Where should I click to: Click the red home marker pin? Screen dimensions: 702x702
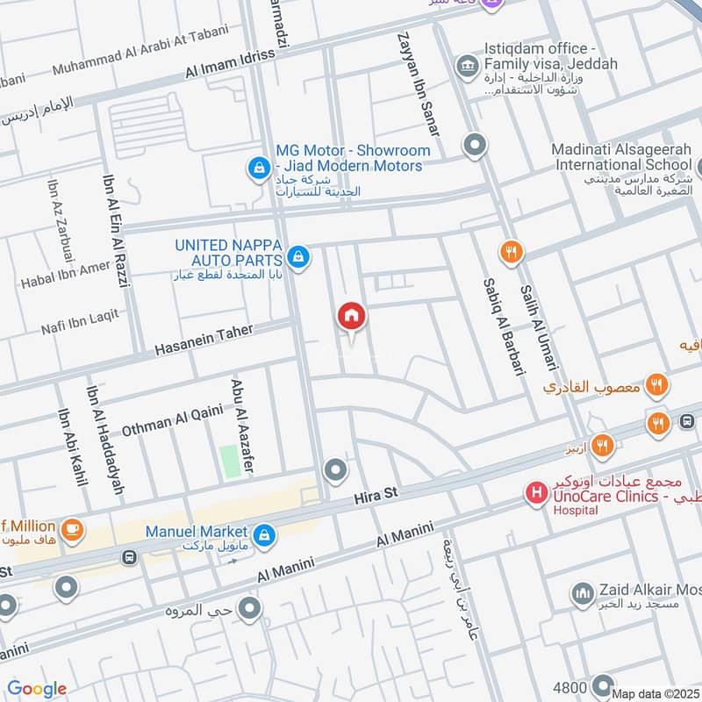pos(352,316)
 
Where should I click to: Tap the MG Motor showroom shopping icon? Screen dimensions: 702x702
pos(259,166)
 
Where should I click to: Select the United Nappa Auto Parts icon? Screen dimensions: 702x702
pos(298,256)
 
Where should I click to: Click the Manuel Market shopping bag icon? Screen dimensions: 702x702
pos(262,534)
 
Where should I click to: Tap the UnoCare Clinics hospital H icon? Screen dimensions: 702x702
pos(534,494)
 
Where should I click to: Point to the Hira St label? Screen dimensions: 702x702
pos(376,496)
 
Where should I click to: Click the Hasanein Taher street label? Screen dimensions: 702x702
pos(204,340)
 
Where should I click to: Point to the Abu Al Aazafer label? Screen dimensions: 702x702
pos(241,426)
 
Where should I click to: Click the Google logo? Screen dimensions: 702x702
pos(37,689)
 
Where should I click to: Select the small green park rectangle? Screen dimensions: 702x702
pos(230,462)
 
